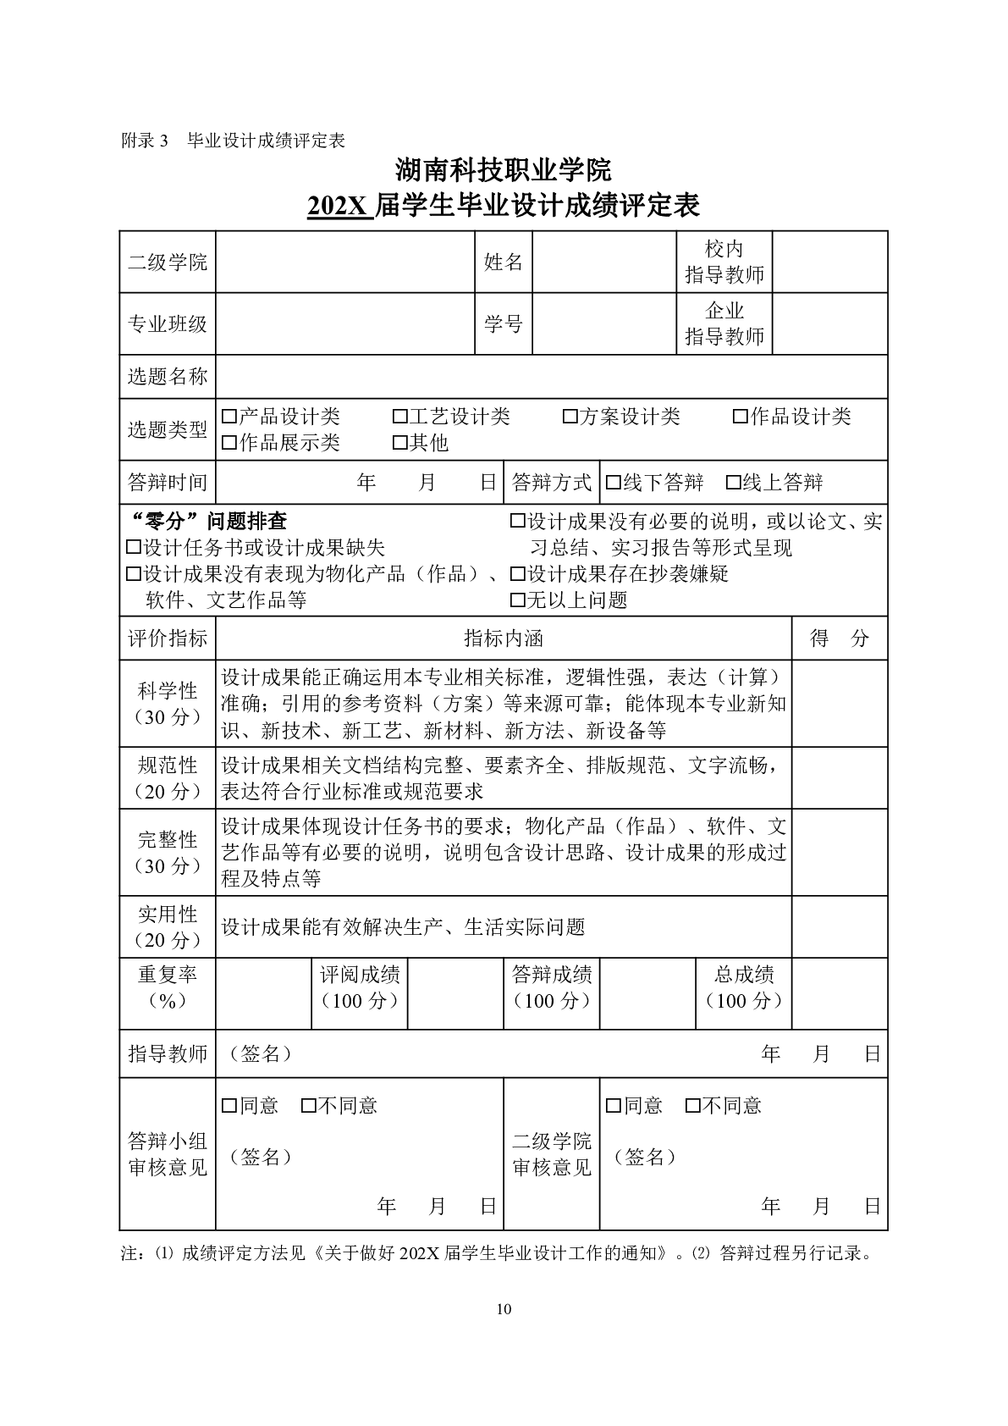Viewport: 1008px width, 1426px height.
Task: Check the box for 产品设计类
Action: [229, 417]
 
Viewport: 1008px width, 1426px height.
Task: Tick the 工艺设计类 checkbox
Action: [399, 417]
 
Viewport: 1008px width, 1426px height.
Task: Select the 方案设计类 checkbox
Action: [570, 417]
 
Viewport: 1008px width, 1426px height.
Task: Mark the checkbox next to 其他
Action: [399, 443]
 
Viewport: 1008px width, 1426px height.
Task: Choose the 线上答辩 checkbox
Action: [734, 484]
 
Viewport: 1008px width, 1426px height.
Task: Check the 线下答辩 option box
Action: [614, 484]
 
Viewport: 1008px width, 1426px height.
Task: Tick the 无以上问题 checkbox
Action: [518, 601]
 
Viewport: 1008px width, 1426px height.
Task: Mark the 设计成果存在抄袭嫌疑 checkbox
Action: [518, 575]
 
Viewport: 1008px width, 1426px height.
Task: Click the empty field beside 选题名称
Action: [551, 377]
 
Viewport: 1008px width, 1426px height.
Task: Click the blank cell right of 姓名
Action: [604, 263]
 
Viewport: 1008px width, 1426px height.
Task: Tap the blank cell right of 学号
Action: [604, 324]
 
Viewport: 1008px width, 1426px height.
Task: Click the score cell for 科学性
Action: [839, 704]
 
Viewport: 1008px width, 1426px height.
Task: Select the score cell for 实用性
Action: [839, 927]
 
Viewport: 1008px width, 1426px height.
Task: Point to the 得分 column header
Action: [839, 638]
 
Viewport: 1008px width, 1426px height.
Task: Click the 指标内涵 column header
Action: [504, 638]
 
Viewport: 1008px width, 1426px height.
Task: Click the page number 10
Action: [504, 1310]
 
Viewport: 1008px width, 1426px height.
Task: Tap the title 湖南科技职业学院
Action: [504, 170]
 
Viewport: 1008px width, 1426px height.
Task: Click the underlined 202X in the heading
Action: [339, 206]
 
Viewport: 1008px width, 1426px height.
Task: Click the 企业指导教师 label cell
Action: [724, 324]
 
